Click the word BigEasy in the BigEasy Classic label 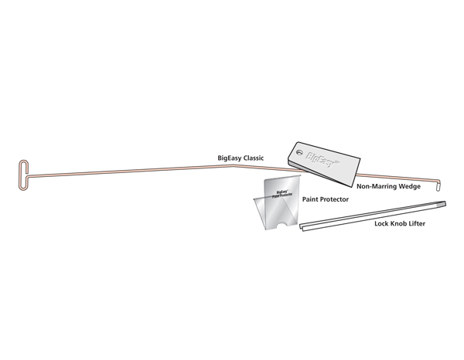[x=230, y=158]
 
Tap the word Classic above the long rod [x=254, y=158]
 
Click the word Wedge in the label [x=409, y=187]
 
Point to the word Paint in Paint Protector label [x=309, y=199]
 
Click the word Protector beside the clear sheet [x=334, y=199]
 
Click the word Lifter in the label [x=417, y=223]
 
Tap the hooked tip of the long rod [x=438, y=186]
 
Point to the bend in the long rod [x=234, y=166]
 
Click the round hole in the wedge [x=300, y=152]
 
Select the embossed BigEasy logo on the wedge [x=322, y=160]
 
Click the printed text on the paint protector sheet [x=282, y=194]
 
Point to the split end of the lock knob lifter [x=302, y=227]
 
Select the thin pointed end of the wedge [x=352, y=185]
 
